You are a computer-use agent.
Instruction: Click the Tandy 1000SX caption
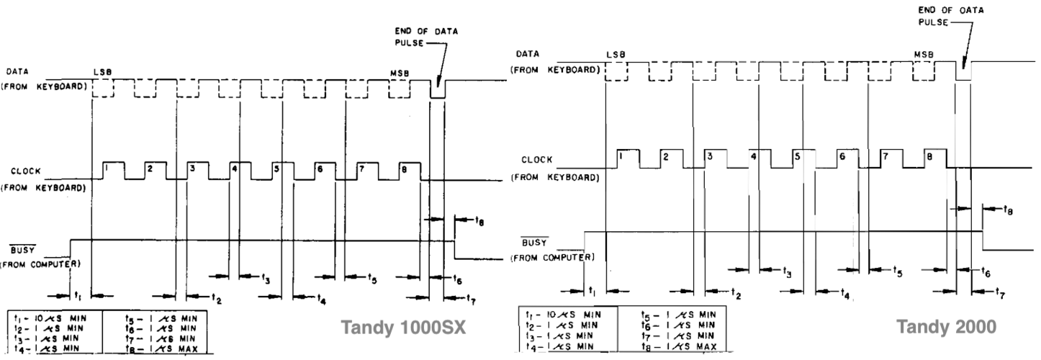(404, 328)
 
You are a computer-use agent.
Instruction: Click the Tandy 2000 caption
(946, 326)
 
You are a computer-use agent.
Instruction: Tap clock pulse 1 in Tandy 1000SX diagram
(105, 168)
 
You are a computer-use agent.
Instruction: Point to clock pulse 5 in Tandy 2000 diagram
(796, 156)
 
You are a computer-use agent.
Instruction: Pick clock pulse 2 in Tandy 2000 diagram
(666, 156)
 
